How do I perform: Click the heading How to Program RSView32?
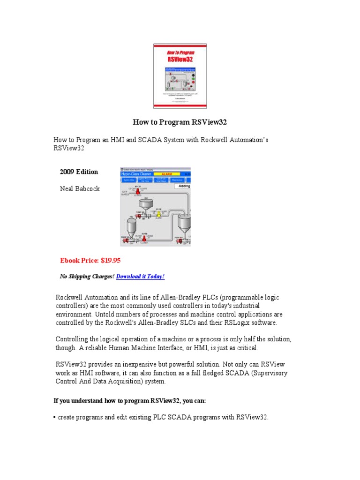(x=180, y=122)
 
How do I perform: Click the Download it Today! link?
(x=140, y=277)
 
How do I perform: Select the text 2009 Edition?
(x=79, y=172)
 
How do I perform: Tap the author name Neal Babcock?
(x=80, y=189)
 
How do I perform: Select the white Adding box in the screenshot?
(x=182, y=186)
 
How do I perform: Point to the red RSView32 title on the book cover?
(x=180, y=59)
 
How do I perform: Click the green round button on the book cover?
(x=200, y=79)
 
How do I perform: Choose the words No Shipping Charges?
(x=87, y=277)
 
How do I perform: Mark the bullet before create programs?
(x=55, y=417)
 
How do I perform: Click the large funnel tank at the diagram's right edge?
(x=184, y=222)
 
